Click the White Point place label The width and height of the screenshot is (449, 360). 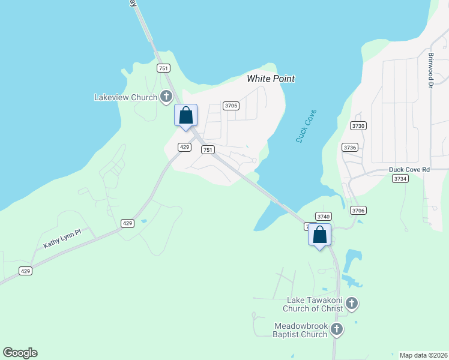click(x=271, y=79)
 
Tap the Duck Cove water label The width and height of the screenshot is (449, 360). click(x=306, y=126)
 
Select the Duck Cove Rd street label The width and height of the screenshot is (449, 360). click(x=409, y=170)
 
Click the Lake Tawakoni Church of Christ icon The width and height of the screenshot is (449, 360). click(x=352, y=304)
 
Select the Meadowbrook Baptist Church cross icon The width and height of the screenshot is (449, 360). click(x=337, y=329)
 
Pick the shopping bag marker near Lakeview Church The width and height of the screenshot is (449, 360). click(x=185, y=115)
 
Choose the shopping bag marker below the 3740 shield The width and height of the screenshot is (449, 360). click(x=320, y=235)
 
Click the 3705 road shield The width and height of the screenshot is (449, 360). click(x=231, y=106)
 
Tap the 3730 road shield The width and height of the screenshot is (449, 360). click(x=358, y=125)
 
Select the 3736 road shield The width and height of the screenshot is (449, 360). click(x=349, y=147)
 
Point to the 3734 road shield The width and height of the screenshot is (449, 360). click(x=400, y=179)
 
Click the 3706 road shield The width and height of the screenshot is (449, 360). click(x=358, y=210)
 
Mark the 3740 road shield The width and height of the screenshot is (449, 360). click(x=323, y=217)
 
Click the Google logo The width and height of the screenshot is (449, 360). click(x=20, y=353)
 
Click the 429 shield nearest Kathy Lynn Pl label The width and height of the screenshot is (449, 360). click(x=127, y=223)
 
